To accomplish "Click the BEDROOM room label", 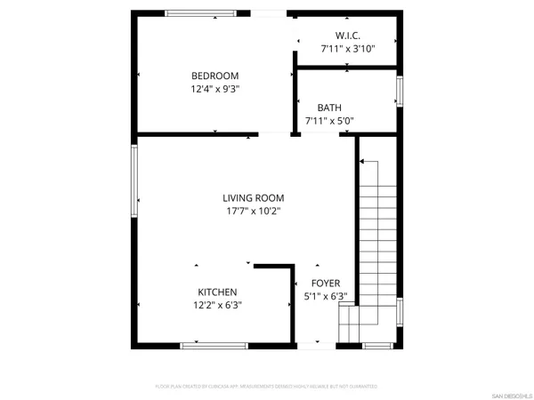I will click(x=214, y=76).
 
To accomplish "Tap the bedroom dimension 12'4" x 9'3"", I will click(x=214, y=89).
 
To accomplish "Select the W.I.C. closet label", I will click(x=348, y=36).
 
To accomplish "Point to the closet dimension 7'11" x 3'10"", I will click(x=348, y=49).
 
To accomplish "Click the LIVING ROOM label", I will click(x=254, y=198).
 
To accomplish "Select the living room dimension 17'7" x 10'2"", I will click(x=254, y=212).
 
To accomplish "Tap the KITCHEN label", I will click(x=217, y=292).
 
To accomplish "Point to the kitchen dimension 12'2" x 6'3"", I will click(x=217, y=305).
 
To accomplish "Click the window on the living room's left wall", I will click(x=134, y=180).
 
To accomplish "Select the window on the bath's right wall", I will click(x=400, y=91).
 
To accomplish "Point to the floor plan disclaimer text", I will click(x=266, y=387).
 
